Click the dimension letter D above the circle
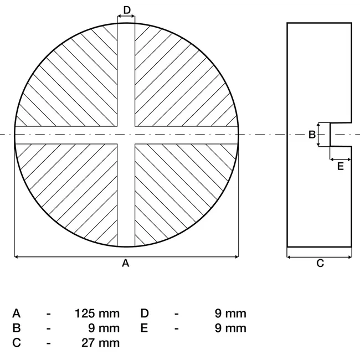(x=126, y=9)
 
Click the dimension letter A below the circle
(x=126, y=264)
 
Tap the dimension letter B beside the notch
(x=312, y=134)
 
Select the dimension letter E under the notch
(x=341, y=166)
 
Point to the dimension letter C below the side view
(x=320, y=264)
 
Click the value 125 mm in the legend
(x=97, y=313)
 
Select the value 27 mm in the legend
(x=101, y=342)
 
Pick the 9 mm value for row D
(x=230, y=313)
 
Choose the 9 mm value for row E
(x=230, y=328)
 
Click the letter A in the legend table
(x=16, y=313)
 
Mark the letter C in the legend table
(x=16, y=342)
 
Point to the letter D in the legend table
(x=145, y=313)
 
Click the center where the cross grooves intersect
(x=126, y=135)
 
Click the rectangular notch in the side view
(x=341, y=135)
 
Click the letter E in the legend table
(x=144, y=328)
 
